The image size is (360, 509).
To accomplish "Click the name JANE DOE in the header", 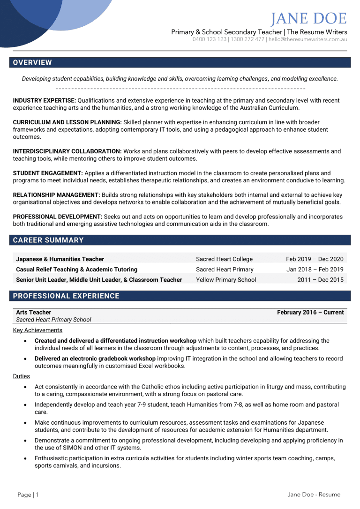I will coord(309,19).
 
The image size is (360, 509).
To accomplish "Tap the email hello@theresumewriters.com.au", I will coord(307,39).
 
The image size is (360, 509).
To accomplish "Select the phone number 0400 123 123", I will coord(210,39).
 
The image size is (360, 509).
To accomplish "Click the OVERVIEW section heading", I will coord(32,63).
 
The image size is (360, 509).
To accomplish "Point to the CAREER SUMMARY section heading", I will coord(48,240).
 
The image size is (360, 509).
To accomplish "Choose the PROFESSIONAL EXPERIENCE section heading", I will coord(66,296).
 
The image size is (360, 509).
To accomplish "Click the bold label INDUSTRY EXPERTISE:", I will coord(44,101).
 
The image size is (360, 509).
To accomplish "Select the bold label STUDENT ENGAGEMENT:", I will coord(48,173).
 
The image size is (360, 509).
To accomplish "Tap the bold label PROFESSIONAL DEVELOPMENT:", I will coord(57,217).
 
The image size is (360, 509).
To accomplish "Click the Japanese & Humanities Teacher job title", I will coord(60,259).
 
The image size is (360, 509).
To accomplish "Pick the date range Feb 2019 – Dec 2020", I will coord(315,259).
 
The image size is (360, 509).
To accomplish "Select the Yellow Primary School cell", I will coord(226,280).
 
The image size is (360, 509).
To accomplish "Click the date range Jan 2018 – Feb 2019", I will coord(315,269).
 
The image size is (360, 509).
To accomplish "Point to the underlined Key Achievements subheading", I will coord(37,330).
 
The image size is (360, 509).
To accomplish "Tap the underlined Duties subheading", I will coord(22,376).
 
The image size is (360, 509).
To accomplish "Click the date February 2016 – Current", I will coord(310,313).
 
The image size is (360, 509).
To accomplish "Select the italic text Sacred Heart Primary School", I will coord(53,320).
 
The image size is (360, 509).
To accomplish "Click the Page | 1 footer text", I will coord(28,494).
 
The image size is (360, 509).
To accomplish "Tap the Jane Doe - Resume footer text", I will coord(314,494).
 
